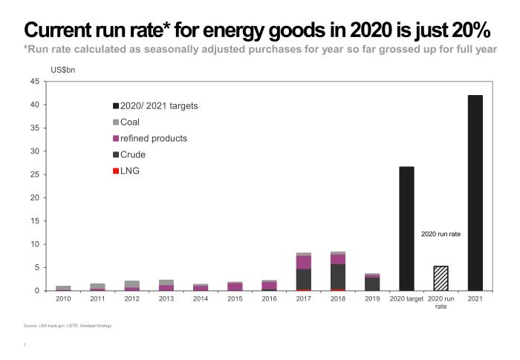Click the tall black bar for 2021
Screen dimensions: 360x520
pos(475,193)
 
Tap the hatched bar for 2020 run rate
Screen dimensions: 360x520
pos(441,278)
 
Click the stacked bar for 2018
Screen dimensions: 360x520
pos(338,272)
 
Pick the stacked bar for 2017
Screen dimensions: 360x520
pos(303,272)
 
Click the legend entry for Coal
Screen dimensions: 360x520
pos(129,122)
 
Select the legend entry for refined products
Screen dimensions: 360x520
pos(149,138)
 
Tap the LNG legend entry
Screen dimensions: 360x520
pos(129,171)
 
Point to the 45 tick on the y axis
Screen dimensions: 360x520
pos(34,82)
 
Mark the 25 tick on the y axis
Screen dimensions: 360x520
pos(34,175)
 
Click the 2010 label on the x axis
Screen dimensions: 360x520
pos(63,298)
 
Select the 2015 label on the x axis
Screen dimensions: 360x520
pos(235,298)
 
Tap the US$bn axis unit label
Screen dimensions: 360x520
pos(63,70)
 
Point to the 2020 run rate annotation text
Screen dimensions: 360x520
pos(441,234)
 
